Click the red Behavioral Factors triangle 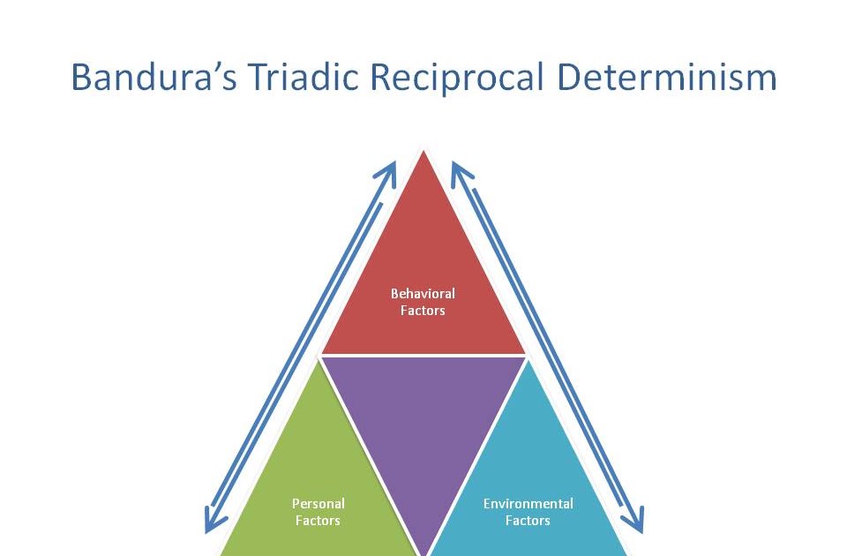click(x=423, y=274)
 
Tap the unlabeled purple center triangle click(x=423, y=424)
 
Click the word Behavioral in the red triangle click(x=423, y=294)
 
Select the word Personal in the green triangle click(x=319, y=504)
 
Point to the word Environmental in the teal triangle click(x=528, y=504)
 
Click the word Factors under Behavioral click(x=423, y=311)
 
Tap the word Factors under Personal click(x=319, y=521)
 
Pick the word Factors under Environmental click(x=528, y=521)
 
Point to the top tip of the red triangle click(x=423, y=152)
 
